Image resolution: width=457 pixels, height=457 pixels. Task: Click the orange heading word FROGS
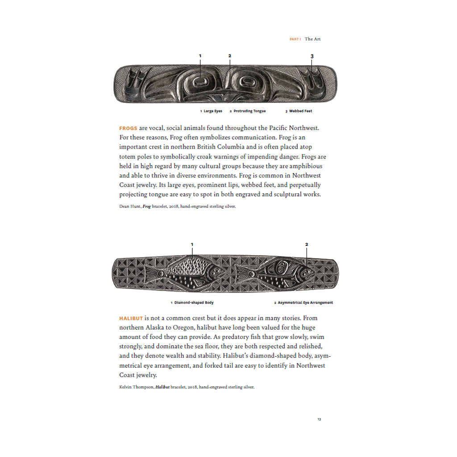128,128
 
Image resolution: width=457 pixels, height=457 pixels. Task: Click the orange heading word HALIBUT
131,318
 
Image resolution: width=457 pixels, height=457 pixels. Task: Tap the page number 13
319,419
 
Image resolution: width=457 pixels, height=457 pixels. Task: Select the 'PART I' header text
295,39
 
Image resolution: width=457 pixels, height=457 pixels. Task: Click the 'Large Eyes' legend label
213,111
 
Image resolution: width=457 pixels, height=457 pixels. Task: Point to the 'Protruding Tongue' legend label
249,111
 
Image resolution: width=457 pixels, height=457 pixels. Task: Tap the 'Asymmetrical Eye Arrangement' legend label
305,303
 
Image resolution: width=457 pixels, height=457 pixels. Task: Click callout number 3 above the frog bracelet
312,56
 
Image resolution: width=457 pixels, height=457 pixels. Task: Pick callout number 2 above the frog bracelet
230,56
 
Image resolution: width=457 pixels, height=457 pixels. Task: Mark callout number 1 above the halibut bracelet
192,245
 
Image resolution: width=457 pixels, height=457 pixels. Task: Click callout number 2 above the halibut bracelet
307,245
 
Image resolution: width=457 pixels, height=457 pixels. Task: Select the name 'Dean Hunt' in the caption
130,207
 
